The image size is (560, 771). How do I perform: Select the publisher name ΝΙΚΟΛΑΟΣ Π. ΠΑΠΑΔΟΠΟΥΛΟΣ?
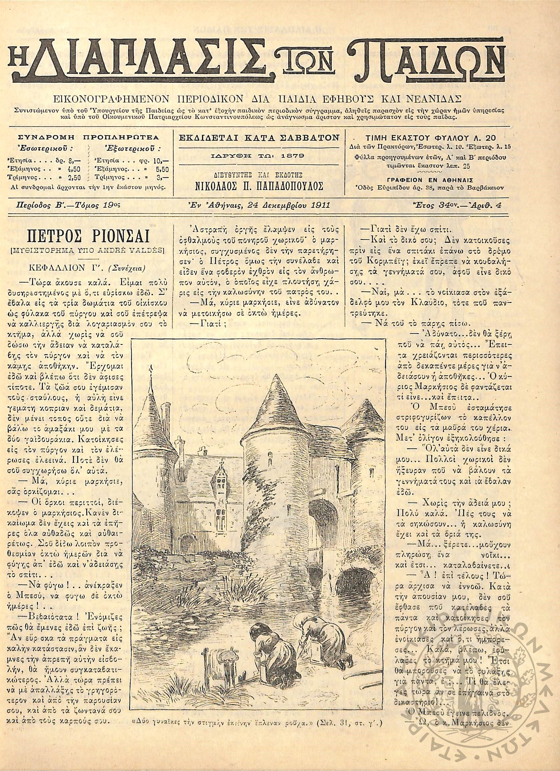[x=259, y=186]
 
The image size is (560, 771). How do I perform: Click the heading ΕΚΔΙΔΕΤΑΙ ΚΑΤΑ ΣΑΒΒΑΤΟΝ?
[x=259, y=138]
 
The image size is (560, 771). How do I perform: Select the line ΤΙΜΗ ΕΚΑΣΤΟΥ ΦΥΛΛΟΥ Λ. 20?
[x=429, y=138]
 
